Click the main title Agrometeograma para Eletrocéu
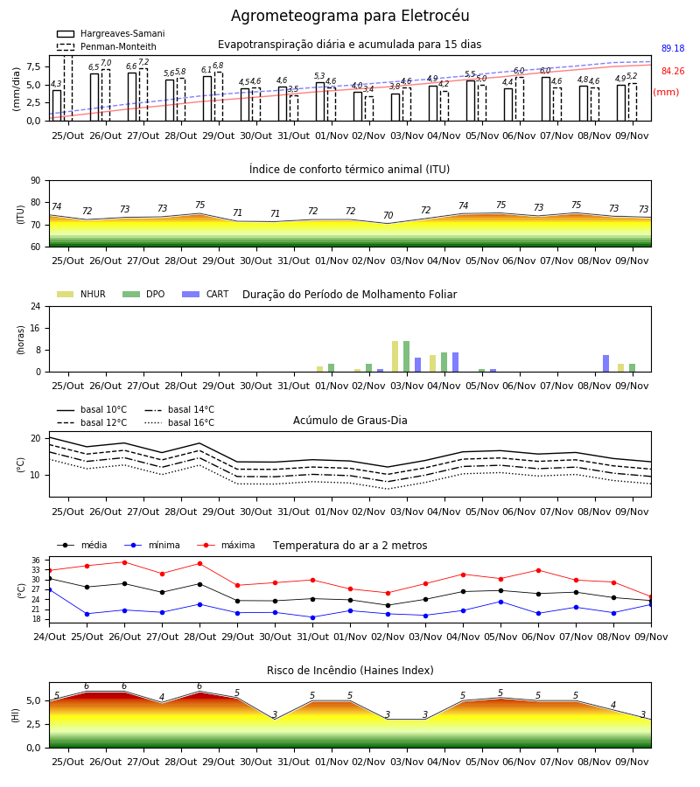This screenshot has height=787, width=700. tap(350, 16)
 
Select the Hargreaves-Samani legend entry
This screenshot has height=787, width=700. tap(111, 33)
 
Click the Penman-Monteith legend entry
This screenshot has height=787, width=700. tap(107, 46)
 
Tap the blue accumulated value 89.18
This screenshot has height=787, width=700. tap(673, 48)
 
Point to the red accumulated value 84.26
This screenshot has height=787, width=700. tap(673, 72)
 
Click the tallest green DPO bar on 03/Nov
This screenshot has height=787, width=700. tap(406, 357)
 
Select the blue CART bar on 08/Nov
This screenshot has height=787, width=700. tap(606, 364)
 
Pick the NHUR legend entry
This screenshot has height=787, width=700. tap(81, 294)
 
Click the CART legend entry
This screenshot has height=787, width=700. tap(206, 294)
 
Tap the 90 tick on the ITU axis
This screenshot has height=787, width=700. tap(35, 181)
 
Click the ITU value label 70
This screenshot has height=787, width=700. tap(388, 215)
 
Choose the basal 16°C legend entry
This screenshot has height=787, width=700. tap(179, 422)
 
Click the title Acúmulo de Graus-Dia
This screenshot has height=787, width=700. tap(350, 420)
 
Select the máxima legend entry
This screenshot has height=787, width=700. tap(226, 545)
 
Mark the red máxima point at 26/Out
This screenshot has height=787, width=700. tap(124, 562)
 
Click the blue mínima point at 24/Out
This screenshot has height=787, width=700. tap(50, 589)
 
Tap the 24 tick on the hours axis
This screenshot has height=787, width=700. tap(35, 306)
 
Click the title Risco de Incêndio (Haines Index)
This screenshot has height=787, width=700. tap(350, 671)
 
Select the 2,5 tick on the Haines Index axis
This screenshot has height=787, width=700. tap(33, 724)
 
